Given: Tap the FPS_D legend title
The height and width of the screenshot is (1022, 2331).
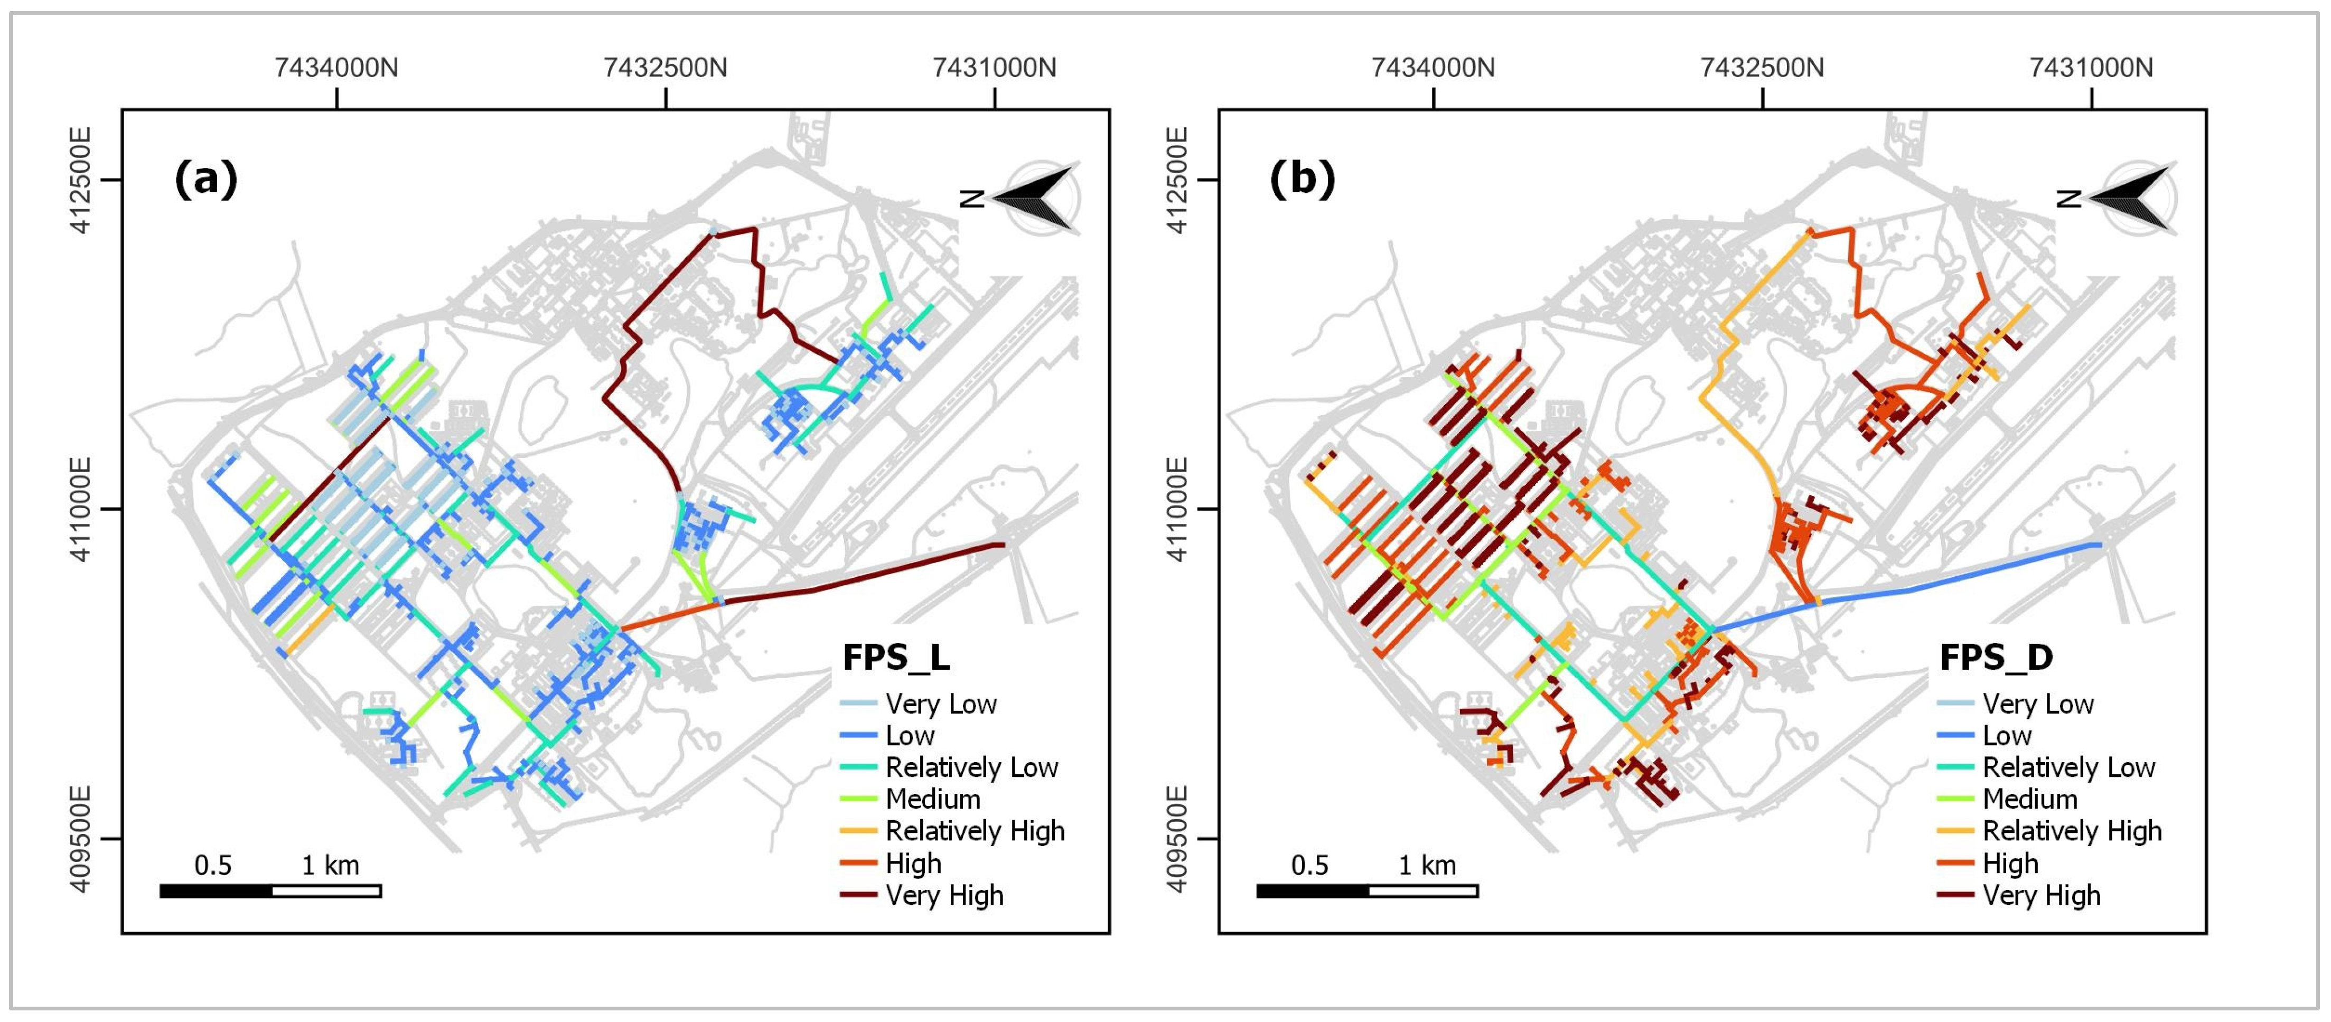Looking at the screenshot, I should tap(1995, 658).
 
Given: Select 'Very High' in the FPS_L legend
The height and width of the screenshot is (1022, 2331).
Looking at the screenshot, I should tap(944, 895).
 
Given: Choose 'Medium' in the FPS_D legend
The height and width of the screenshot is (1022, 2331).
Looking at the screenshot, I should tap(2030, 800).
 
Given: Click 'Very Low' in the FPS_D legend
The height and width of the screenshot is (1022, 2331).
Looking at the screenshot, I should tap(2038, 704).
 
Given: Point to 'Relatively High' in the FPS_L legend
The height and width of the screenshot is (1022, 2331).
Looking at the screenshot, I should tap(975, 831).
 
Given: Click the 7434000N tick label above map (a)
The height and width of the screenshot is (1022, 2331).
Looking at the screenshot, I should tap(336, 68).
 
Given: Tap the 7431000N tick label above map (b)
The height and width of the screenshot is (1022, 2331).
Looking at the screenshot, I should tap(2091, 68).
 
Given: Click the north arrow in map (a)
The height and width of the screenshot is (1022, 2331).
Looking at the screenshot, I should tap(1032, 197).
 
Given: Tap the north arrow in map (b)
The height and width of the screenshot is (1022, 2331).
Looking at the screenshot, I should tap(2128, 197).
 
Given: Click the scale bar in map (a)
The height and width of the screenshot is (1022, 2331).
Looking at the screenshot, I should tap(270, 891).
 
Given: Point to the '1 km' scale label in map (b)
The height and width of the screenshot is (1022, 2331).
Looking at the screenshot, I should tap(1427, 866).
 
